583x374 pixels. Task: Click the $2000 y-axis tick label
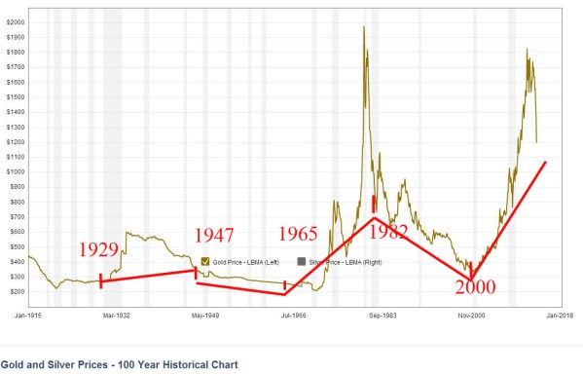(x=17, y=21)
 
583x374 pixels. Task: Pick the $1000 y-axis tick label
(x=17, y=171)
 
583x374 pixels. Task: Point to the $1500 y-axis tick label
(x=17, y=96)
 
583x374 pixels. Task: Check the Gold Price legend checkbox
(x=204, y=262)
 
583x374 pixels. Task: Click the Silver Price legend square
(x=302, y=262)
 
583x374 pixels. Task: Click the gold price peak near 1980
(x=363, y=27)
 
